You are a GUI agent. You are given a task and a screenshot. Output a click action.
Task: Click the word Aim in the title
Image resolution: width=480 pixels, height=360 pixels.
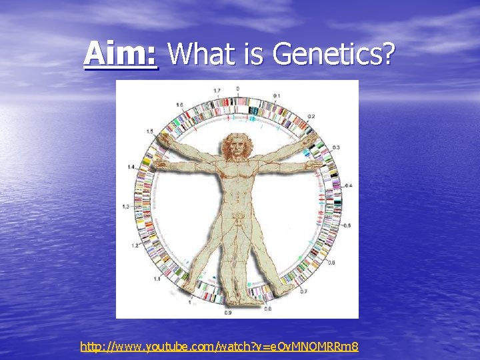[x=121, y=53]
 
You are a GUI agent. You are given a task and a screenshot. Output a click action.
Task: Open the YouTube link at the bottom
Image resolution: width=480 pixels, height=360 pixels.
[x=219, y=346]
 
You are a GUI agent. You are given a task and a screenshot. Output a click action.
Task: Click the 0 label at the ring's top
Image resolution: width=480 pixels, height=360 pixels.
[x=238, y=87]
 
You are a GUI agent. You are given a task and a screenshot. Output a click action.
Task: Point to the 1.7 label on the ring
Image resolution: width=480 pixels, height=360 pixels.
[x=217, y=90]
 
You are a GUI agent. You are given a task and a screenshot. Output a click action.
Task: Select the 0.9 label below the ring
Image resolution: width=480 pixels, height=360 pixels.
[x=228, y=312]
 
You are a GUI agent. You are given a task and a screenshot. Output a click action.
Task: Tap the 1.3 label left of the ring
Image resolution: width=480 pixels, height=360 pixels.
[x=126, y=207]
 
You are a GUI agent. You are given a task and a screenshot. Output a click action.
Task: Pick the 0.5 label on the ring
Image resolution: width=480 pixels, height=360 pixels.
[x=347, y=225]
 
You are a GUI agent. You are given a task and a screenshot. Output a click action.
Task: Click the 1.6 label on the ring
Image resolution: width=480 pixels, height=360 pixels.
[x=179, y=105]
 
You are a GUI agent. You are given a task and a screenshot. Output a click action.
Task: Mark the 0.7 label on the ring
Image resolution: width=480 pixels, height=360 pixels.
[x=303, y=291]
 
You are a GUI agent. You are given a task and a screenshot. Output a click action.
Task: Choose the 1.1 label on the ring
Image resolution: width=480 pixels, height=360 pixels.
[x=157, y=279]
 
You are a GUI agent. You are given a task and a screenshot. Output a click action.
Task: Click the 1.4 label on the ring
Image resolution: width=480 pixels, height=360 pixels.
[x=131, y=166]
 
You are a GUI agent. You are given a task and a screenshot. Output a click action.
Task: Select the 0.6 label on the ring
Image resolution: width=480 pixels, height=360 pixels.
[x=331, y=263]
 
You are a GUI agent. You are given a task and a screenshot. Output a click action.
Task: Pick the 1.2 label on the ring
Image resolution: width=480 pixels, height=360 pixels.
[x=136, y=246]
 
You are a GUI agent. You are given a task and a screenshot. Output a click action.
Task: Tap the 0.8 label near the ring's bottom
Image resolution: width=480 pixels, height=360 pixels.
[x=267, y=309]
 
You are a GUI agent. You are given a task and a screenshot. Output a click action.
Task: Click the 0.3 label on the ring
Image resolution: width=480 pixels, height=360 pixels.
[x=336, y=147]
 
